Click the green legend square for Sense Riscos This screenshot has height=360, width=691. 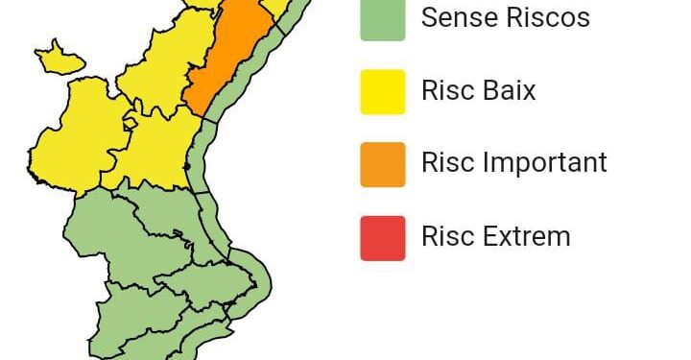coord(383,19)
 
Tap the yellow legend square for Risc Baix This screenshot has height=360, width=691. coord(383,92)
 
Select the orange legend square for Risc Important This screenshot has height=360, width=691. coord(383,164)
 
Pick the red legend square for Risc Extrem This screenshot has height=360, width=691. coord(383,237)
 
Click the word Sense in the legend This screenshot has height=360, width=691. coord(458,17)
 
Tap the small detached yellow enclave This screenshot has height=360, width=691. coord(60,59)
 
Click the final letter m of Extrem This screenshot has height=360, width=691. coord(560,237)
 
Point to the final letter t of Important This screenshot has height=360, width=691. coord(603,163)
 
